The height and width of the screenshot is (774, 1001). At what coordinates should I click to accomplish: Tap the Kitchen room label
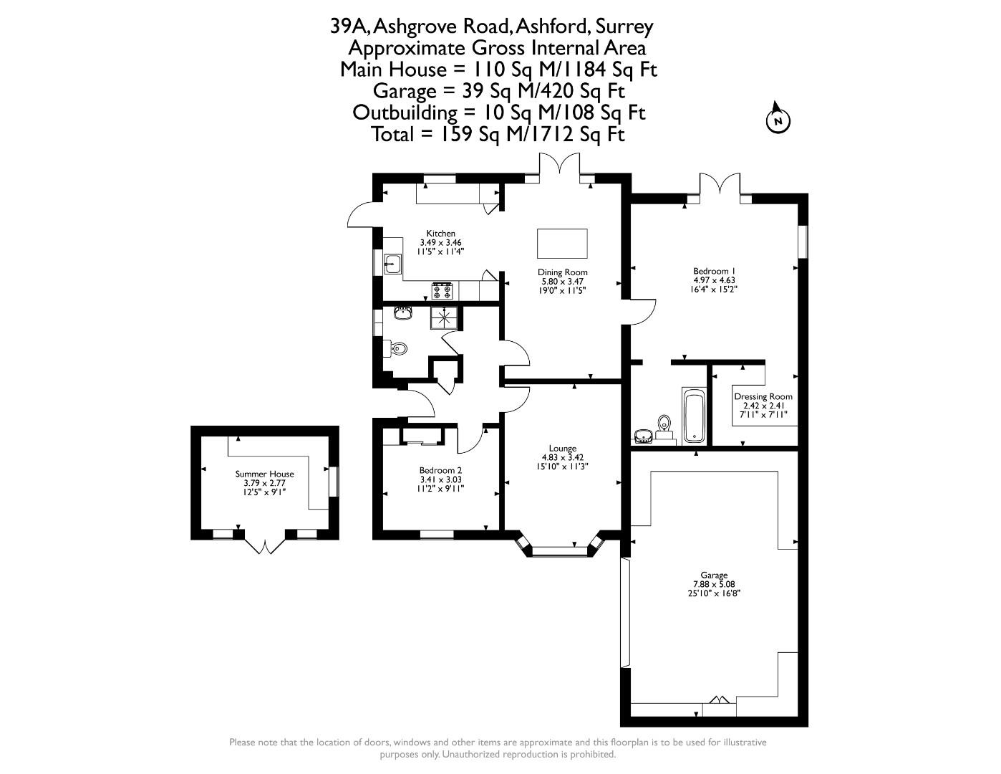(440, 233)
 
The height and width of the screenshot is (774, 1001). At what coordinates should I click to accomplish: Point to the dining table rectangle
(562, 244)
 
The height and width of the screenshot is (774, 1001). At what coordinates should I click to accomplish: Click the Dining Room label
(563, 272)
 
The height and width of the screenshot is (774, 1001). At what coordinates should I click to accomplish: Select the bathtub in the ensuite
(694, 416)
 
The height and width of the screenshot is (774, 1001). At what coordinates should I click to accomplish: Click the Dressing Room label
(763, 396)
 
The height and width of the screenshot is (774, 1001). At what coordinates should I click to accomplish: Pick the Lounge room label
(563, 448)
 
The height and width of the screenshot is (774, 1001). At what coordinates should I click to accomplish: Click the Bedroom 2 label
(440, 470)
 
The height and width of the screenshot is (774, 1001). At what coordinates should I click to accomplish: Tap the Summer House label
(264, 474)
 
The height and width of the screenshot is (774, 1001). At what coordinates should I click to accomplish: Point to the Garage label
(714, 575)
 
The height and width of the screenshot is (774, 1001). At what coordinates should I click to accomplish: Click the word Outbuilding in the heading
(405, 113)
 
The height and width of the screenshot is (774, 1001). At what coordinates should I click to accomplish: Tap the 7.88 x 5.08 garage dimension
(714, 583)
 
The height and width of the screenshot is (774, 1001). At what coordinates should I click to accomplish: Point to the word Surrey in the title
(624, 27)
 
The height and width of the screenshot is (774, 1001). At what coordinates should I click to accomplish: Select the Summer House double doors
(264, 546)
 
